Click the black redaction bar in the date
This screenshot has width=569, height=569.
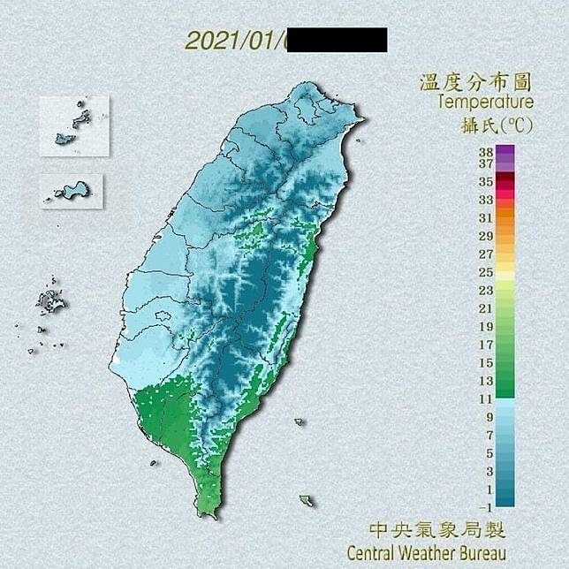click(337, 41)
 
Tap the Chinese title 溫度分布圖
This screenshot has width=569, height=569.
click(474, 83)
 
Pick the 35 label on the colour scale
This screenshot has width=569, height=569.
click(485, 181)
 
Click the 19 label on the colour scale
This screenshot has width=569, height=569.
click(485, 326)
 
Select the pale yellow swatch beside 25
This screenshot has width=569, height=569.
click(505, 274)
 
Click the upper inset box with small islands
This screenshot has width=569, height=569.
click(74, 126)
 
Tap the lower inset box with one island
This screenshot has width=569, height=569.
click(72, 191)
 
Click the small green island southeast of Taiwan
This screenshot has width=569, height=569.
click(306, 501)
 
